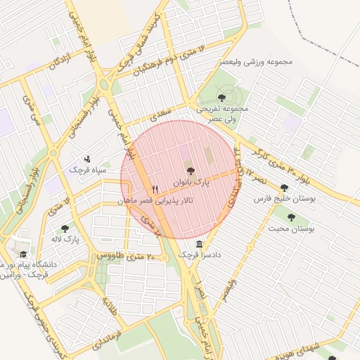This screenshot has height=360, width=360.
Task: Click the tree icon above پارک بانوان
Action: [190, 171]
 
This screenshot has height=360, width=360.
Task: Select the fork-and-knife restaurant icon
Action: [155, 189]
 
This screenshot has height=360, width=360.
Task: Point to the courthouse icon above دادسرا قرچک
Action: [200, 243]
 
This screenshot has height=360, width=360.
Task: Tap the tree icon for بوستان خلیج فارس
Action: [284, 188]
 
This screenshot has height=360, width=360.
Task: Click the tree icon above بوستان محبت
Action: [291, 217]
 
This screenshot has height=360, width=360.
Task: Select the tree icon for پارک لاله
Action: [65, 228]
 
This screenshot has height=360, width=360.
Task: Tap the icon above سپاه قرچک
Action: [87, 159]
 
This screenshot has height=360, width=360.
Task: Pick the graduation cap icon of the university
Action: [23, 255]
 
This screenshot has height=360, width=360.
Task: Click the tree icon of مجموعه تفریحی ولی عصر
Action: [222, 98]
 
